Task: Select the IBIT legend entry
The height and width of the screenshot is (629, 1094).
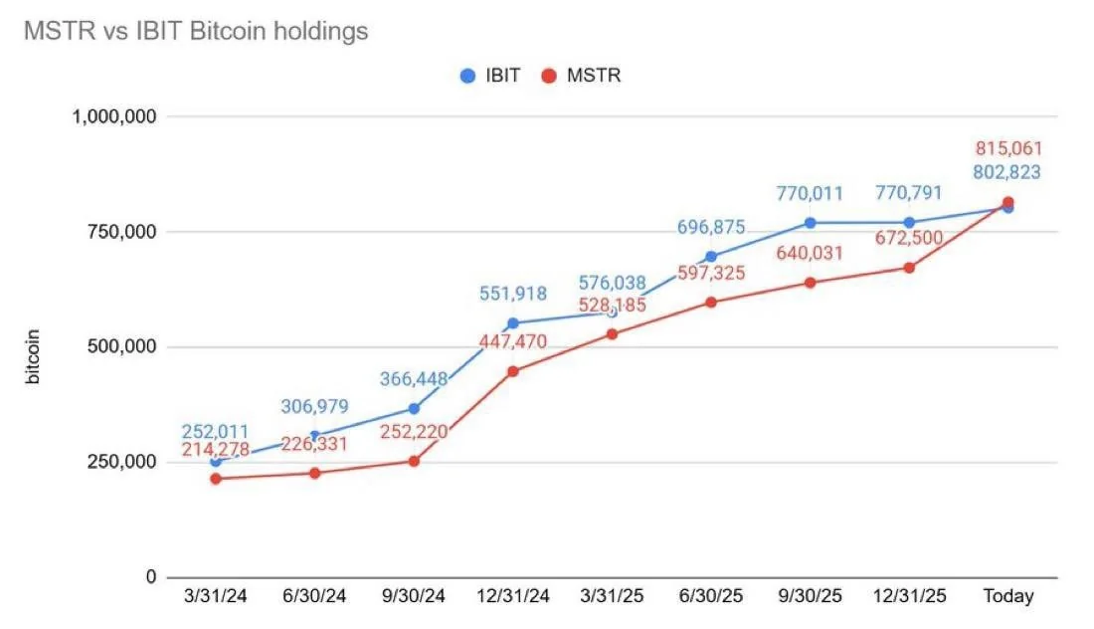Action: tap(490, 75)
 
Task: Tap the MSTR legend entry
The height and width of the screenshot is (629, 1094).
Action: tap(582, 75)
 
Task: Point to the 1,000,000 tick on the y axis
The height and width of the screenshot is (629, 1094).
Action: tap(114, 116)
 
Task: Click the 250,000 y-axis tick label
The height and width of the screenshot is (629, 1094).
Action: tap(120, 462)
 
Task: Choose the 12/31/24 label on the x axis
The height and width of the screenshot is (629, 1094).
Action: tap(512, 597)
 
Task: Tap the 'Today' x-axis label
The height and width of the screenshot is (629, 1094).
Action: tap(1007, 597)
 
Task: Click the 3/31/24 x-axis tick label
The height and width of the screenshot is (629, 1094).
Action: tap(215, 597)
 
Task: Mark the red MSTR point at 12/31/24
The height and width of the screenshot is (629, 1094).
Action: tap(512, 371)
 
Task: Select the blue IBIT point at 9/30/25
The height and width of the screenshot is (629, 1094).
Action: tap(810, 223)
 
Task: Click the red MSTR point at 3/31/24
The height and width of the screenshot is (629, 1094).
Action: tap(215, 479)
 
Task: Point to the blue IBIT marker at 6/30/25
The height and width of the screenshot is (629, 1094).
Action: tap(711, 257)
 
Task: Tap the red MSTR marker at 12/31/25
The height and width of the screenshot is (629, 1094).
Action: tap(909, 268)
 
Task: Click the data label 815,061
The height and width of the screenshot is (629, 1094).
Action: tap(1007, 148)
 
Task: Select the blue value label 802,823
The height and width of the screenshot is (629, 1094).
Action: tap(1007, 172)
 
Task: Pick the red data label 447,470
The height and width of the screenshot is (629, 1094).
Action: tap(512, 343)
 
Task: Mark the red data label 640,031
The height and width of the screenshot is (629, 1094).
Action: tap(810, 253)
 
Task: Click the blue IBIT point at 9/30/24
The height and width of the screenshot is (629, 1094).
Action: tap(414, 408)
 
